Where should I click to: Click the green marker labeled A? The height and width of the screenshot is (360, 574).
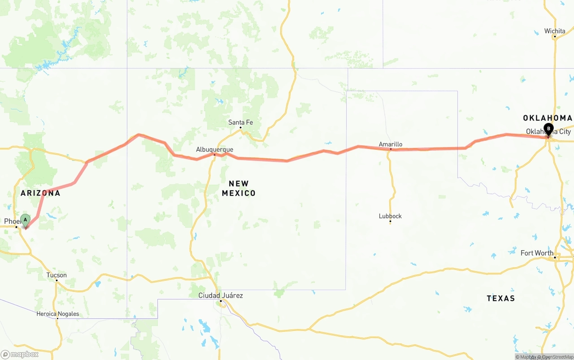pyautogui.click(x=26, y=220)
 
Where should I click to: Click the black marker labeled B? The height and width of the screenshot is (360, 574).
pyautogui.click(x=548, y=129)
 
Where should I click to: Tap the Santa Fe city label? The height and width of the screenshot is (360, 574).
pyautogui.click(x=240, y=122)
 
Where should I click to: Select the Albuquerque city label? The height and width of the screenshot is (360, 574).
pyautogui.click(x=214, y=149)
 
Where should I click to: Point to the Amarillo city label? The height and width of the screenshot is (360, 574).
pyautogui.click(x=391, y=144)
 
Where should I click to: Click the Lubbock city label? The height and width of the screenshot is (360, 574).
pyautogui.click(x=390, y=216)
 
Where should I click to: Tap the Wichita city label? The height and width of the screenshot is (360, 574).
pyautogui.click(x=555, y=31)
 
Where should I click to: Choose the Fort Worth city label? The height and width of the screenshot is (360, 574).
pyautogui.click(x=537, y=253)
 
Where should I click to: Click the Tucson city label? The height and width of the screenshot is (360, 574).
pyautogui.click(x=57, y=275)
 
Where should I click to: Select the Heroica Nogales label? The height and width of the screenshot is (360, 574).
pyautogui.click(x=57, y=314)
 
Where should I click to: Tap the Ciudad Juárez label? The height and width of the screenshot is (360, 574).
pyautogui.click(x=221, y=295)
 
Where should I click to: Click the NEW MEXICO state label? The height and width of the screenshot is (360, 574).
pyautogui.click(x=239, y=188)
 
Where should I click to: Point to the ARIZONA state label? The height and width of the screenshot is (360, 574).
pyautogui.click(x=40, y=193)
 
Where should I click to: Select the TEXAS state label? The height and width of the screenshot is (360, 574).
pyautogui.click(x=500, y=298)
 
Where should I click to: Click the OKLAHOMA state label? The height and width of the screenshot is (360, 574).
pyautogui.click(x=548, y=118)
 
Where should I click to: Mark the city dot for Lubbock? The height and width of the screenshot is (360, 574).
pyautogui.click(x=390, y=221)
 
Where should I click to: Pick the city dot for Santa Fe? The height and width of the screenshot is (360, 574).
pyautogui.click(x=240, y=127)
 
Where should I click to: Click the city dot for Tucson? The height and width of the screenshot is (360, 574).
pyautogui.click(x=57, y=280)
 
